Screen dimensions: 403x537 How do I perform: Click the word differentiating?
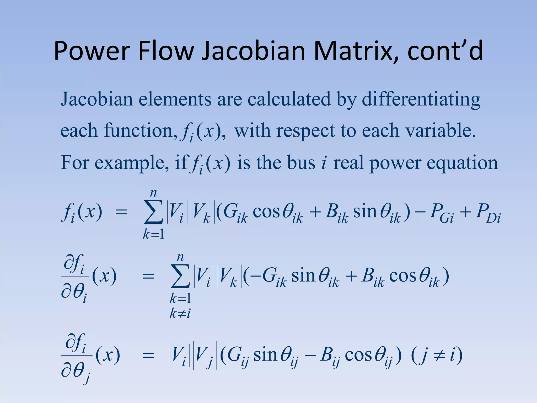click(x=421, y=100)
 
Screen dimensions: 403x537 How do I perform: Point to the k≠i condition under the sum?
click(x=180, y=313)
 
